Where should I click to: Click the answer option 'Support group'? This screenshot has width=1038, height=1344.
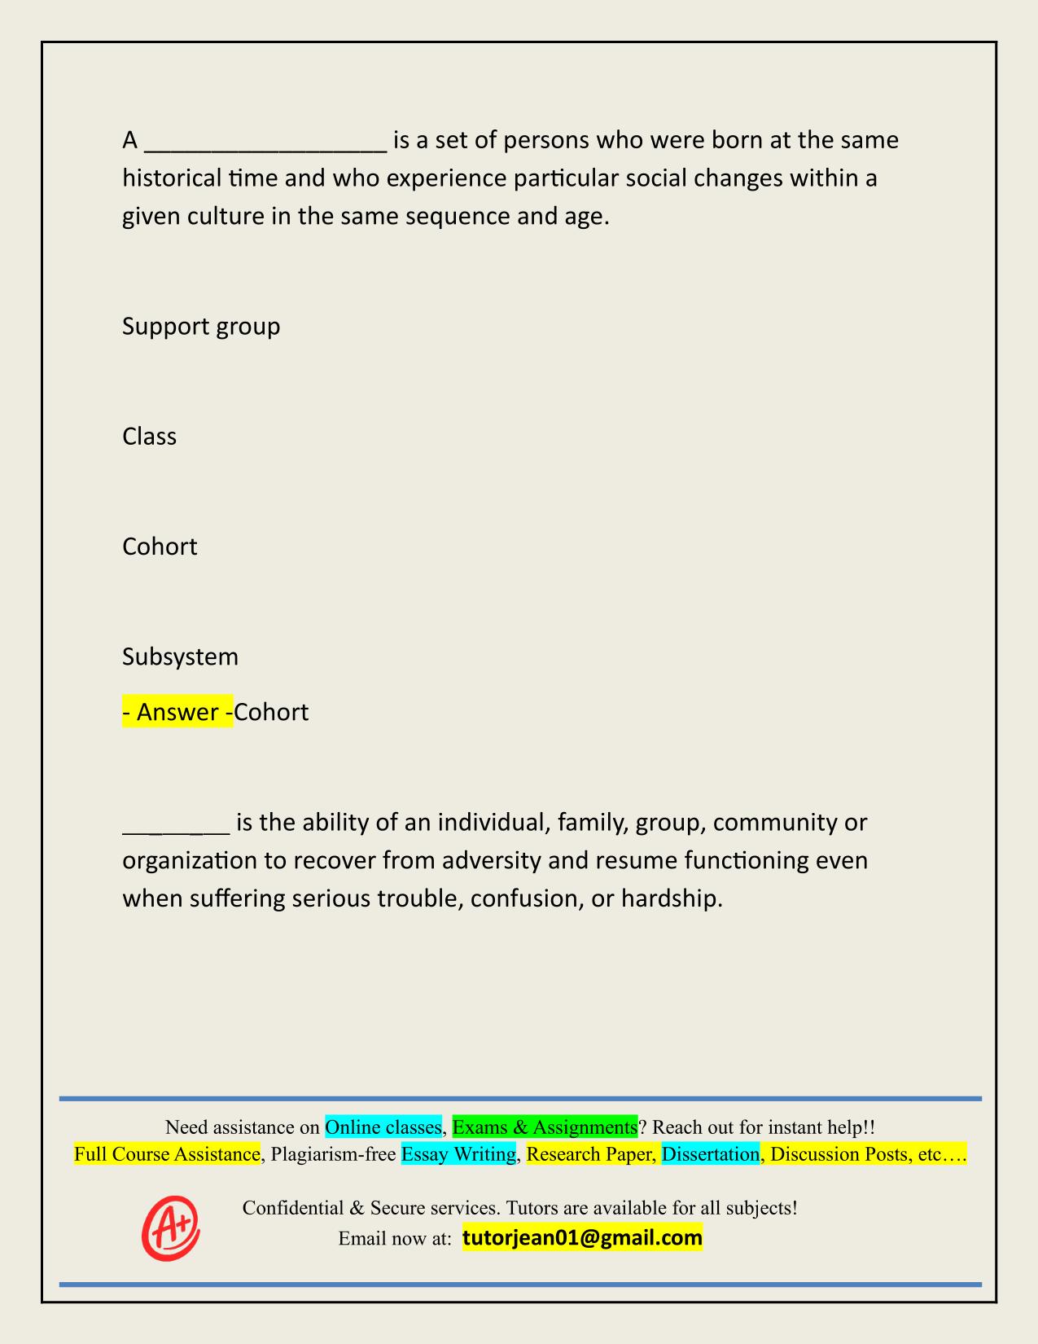(201, 327)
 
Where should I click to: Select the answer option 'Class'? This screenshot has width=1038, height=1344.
(149, 437)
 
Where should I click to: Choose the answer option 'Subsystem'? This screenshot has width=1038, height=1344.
(180, 657)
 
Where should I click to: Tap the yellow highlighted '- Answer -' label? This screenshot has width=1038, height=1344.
(177, 712)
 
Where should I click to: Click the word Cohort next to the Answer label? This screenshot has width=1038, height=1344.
(271, 712)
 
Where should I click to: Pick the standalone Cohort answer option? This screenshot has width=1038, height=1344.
(160, 547)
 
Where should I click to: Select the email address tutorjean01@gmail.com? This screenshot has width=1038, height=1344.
(582, 1238)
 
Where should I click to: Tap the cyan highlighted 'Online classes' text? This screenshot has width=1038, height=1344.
(383, 1127)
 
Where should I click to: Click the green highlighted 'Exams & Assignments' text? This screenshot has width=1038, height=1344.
(545, 1127)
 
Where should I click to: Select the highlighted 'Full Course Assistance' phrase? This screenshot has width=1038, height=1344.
(167, 1154)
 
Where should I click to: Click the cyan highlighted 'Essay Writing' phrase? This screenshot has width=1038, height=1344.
(459, 1154)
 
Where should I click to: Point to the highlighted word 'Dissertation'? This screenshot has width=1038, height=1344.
(711, 1154)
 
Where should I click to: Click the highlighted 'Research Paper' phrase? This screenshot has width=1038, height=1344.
(590, 1154)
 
